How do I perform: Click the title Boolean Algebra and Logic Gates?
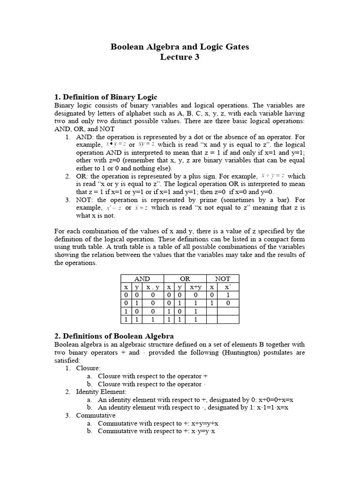(x=180, y=46)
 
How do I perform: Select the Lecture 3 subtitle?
(x=180, y=57)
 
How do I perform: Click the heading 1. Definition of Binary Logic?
(x=106, y=97)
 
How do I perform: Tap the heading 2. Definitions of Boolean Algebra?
(x=114, y=336)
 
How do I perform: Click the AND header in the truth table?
(x=142, y=278)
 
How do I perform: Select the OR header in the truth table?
(x=185, y=278)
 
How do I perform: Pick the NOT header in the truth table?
(x=223, y=278)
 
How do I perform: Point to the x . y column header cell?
(x=152, y=287)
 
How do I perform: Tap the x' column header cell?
(x=228, y=287)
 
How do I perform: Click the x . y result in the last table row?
(x=152, y=319)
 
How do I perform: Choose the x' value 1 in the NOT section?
(x=228, y=295)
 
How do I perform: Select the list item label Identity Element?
(x=101, y=391)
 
